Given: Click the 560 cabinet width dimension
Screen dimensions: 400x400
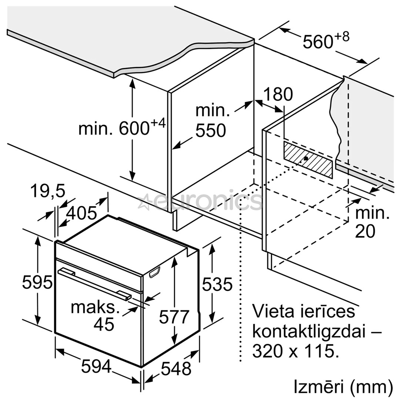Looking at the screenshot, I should pyautogui.click(x=325, y=41).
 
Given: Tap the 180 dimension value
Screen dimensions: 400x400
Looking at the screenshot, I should pyautogui.click(x=278, y=94).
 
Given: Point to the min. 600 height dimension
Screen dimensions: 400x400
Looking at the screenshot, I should pyautogui.click(x=121, y=128).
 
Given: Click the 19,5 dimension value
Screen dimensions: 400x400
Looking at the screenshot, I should pyautogui.click(x=47, y=192).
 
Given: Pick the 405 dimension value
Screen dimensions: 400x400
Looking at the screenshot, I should pyautogui.click(x=81, y=213).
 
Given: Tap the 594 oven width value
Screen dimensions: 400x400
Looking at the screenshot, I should pyautogui.click(x=96, y=367).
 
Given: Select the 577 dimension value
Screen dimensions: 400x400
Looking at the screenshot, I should pyautogui.click(x=174, y=317).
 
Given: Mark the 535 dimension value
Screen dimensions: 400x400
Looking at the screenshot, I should pyautogui.click(x=217, y=284).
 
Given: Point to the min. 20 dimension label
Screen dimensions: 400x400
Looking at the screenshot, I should pyautogui.click(x=372, y=223).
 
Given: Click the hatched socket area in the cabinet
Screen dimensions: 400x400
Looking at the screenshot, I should pyautogui.click(x=307, y=160).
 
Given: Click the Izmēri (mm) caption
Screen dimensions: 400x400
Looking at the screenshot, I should pyautogui.click(x=343, y=387).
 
